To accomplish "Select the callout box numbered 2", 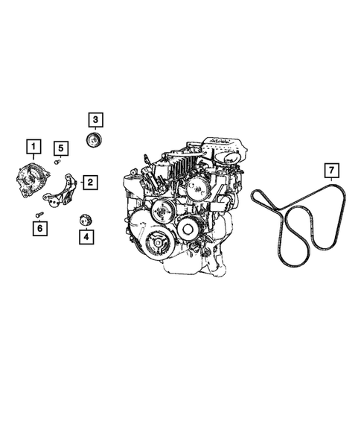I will pyautogui.click(x=90, y=182).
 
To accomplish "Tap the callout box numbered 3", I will pyautogui.click(x=95, y=118).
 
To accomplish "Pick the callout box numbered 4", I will pyautogui.click(x=86, y=238).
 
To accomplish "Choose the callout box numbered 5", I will pyautogui.click(x=61, y=148).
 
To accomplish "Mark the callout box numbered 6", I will pyautogui.click(x=38, y=229).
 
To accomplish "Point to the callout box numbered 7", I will pyautogui.click(x=330, y=174).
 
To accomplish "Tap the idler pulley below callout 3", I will pyautogui.click(x=95, y=142).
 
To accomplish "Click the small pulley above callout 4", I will pyautogui.click(x=85, y=220).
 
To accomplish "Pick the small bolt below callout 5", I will pyautogui.click(x=58, y=161).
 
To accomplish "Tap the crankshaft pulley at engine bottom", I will pyautogui.click(x=156, y=241).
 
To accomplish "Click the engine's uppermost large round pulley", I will pyautogui.click(x=197, y=189).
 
